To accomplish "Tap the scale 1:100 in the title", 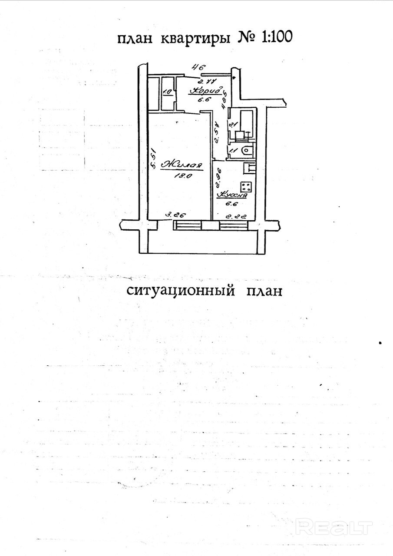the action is [277, 38].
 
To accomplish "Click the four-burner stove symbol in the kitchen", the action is [246, 187].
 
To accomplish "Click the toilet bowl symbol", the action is [246, 151].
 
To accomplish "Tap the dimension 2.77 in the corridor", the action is [207, 81].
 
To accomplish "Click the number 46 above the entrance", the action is [198, 67].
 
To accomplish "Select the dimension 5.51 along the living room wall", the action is [152, 159].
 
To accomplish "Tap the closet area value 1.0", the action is [167, 92].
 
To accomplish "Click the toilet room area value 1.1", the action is [233, 150].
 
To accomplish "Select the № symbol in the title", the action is [247, 38].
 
